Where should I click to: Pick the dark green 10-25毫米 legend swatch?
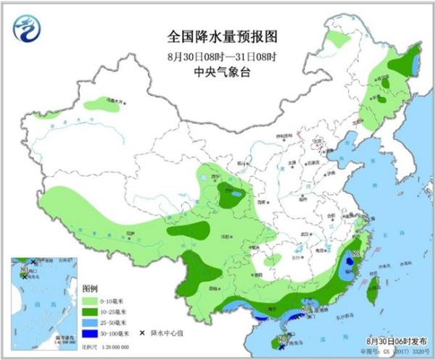point(90,311)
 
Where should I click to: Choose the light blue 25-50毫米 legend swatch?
point(90,322)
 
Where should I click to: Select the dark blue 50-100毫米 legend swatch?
point(90,332)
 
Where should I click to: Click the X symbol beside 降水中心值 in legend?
point(141,332)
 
